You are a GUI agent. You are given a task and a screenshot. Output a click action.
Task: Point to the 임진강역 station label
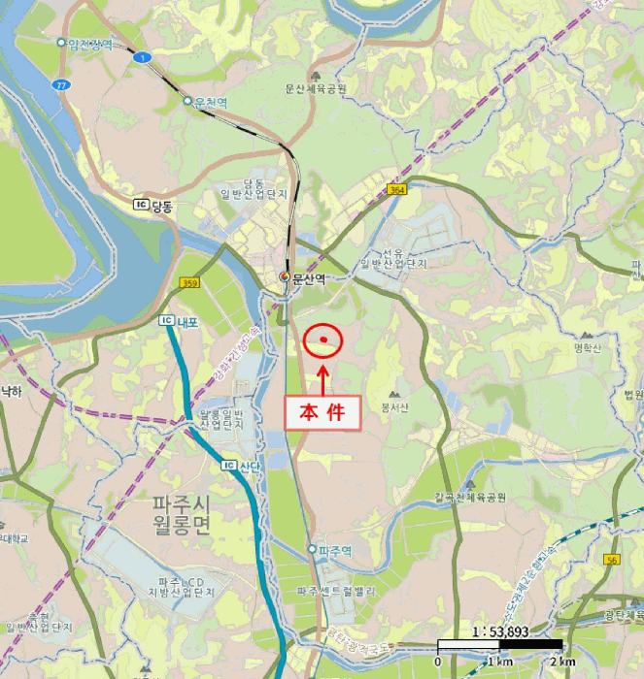click(90, 44)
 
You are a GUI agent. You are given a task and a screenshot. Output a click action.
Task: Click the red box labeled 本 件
click(322, 411)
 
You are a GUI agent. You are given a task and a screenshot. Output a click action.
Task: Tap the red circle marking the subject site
click(323, 340)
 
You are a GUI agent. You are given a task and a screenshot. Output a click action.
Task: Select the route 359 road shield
click(188, 282)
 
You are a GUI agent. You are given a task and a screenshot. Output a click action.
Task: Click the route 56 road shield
click(612, 560)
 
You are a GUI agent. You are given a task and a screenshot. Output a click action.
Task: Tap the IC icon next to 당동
click(141, 206)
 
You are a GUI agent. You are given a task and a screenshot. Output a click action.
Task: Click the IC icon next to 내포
click(165, 320)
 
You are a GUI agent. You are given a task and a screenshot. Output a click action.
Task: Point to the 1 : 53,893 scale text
click(498, 630)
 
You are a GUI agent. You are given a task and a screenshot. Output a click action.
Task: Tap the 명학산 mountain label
click(589, 346)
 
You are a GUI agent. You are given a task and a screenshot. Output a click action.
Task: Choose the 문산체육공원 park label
click(316, 88)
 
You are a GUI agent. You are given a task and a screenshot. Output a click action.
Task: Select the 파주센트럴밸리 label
click(336, 590)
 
